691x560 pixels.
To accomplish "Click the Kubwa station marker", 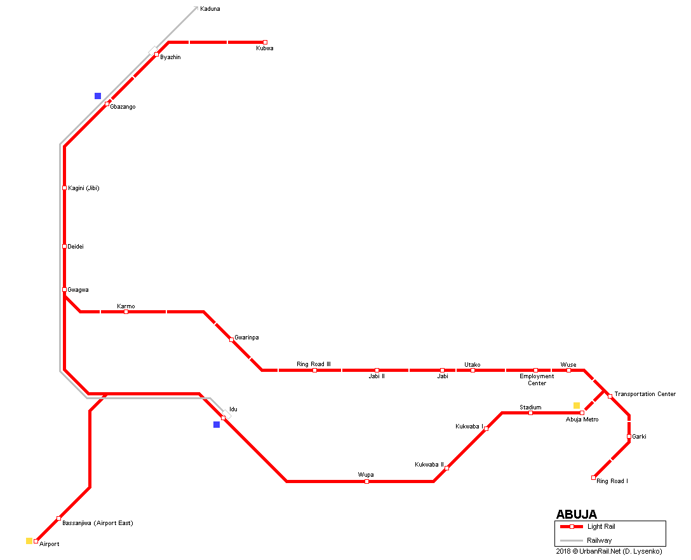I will (x=265, y=43).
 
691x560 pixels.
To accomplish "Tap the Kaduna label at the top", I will (x=210, y=9).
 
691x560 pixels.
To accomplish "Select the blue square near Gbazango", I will (x=98, y=96).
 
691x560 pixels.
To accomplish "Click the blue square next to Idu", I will (x=217, y=425).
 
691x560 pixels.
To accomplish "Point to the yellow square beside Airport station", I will (x=29, y=541).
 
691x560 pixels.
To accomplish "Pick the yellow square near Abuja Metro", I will (x=577, y=406).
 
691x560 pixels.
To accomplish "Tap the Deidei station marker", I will (x=65, y=247).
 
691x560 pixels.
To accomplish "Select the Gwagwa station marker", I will (x=65, y=290).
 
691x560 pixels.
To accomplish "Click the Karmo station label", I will (x=126, y=306).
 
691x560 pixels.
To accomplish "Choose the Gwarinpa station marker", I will (x=231, y=340).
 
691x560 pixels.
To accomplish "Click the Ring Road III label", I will (x=314, y=364).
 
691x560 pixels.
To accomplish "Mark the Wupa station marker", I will (x=367, y=482).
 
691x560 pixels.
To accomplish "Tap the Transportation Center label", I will (x=645, y=394).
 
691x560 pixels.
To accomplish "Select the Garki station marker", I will (x=629, y=437).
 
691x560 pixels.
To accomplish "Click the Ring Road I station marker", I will (x=594, y=477).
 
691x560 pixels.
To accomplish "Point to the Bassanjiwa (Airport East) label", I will (x=97, y=523).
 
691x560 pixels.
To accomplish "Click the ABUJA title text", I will (x=576, y=514).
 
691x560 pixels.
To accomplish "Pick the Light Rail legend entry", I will (x=601, y=526).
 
